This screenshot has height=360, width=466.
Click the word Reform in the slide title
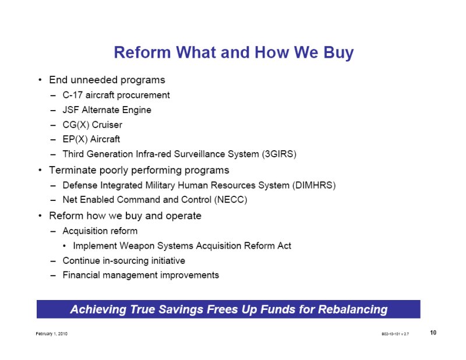pos(142,52)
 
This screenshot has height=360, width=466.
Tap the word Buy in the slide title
pos(338,53)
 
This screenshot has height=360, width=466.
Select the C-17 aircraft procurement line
pos(116,95)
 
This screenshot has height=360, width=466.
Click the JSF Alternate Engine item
pos(107,110)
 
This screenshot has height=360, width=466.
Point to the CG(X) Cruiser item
pos(92,125)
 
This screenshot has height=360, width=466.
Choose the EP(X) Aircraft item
pos(91,139)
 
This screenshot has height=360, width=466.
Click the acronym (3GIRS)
pos(279,154)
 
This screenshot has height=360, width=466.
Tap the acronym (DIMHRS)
pos(314,185)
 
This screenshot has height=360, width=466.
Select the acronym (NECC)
pos(231,199)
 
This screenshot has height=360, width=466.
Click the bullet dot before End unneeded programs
pos(40,80)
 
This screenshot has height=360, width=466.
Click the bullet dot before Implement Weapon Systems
pos(65,246)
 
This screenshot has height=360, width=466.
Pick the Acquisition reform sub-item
pos(100,231)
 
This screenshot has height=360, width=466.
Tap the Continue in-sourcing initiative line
pos(123,261)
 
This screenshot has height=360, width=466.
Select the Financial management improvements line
pos(140,275)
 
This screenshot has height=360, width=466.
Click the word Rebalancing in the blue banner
pos(353,309)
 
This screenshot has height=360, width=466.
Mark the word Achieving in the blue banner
pos(98,309)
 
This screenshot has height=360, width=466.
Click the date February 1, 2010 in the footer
pos(52,334)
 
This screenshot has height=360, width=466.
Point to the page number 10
pos(433,333)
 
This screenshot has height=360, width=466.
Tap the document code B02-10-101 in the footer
pos(391,334)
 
